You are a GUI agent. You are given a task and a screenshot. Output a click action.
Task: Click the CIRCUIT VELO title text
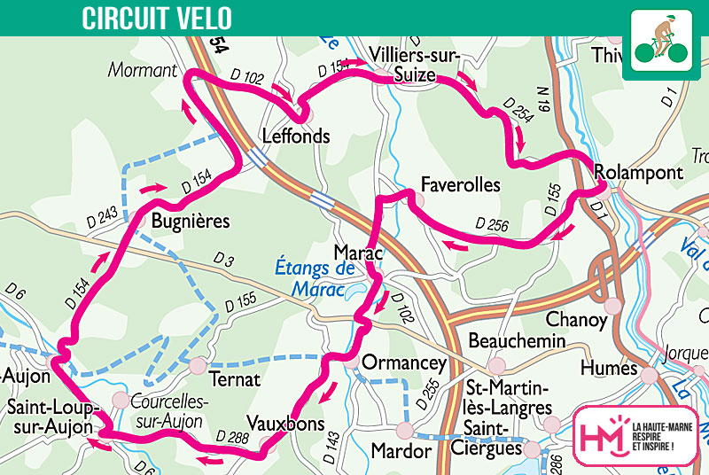pyautogui.click(x=157, y=18)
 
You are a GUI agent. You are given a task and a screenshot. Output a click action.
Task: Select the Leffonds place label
pyautogui.click(x=296, y=136)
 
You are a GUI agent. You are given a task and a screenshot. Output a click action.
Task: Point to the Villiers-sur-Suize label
pyautogui.click(x=403, y=64)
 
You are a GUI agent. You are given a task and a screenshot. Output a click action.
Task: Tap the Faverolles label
pyautogui.click(x=461, y=185)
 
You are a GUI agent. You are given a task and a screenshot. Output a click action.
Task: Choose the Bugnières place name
pyautogui.click(x=191, y=219)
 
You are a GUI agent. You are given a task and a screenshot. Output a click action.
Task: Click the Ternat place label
pyautogui.click(x=234, y=380)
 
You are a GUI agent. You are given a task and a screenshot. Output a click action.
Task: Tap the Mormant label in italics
pyautogui.click(x=144, y=69)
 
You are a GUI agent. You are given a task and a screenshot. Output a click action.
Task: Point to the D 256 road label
pyautogui.click(x=492, y=225)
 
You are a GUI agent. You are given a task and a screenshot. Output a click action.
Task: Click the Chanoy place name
pyautogui.click(x=577, y=318)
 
